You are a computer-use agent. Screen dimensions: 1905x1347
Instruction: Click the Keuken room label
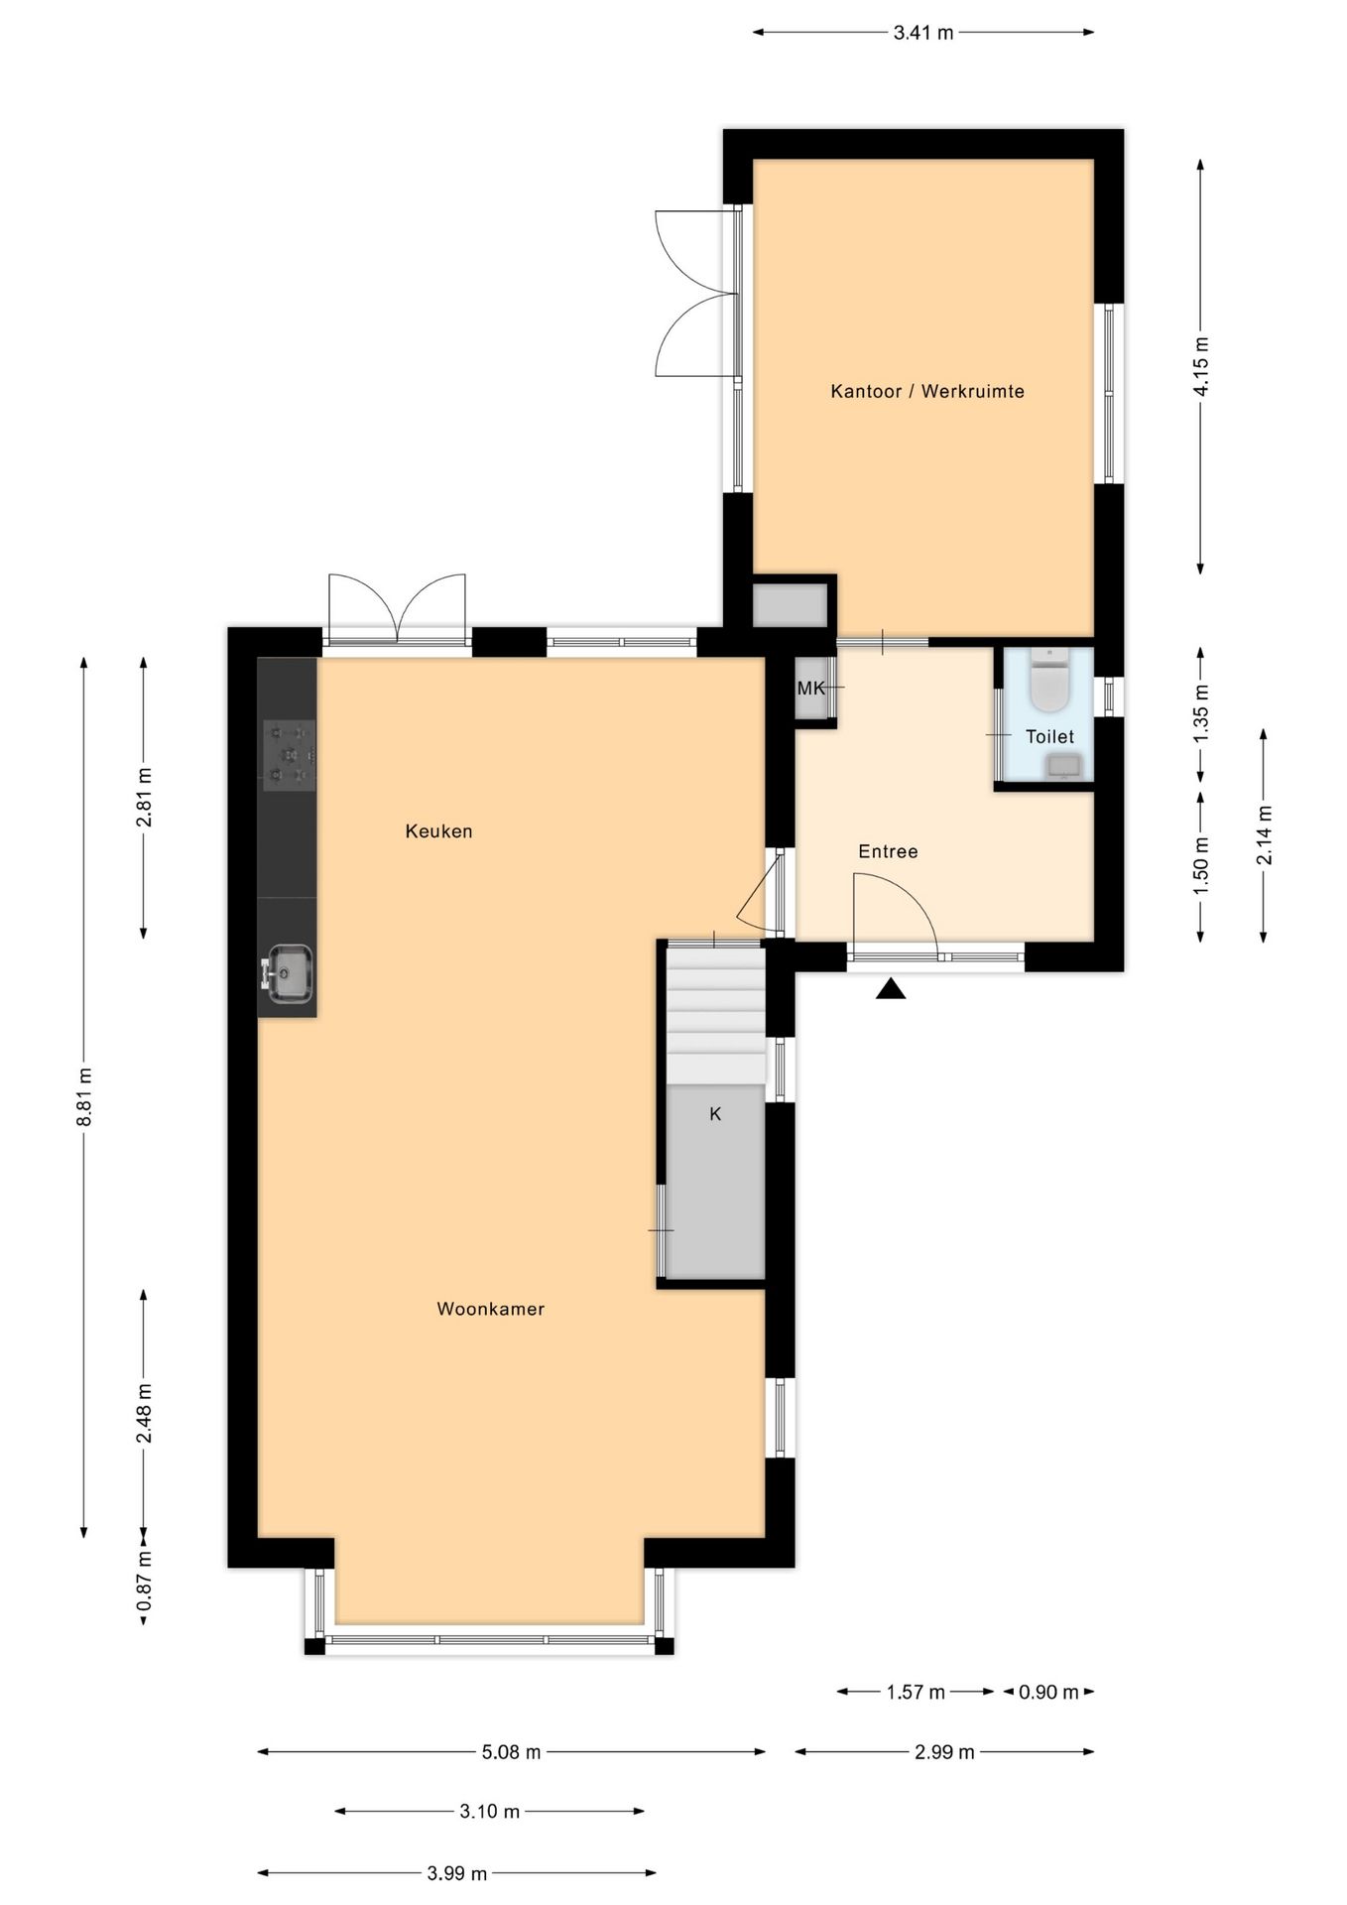[x=438, y=831]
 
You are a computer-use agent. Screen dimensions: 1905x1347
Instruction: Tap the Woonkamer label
[x=490, y=1309]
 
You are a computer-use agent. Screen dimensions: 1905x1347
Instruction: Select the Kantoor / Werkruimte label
[x=926, y=391]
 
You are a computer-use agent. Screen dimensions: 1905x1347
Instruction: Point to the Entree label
[x=888, y=851]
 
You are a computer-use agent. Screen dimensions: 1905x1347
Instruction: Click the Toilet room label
[x=1049, y=736]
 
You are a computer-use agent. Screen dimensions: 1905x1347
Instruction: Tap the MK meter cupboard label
[x=811, y=688]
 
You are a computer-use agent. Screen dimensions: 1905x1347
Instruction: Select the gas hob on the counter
[x=290, y=755]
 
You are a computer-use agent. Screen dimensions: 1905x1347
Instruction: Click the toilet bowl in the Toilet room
[x=1048, y=683]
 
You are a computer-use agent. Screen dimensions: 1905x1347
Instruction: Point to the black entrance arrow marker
[x=891, y=989]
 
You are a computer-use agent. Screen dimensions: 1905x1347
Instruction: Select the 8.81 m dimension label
[x=85, y=1096]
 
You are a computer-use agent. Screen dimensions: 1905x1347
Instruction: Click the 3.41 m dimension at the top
[x=922, y=33]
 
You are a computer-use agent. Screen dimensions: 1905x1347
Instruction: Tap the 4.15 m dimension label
[x=1201, y=366]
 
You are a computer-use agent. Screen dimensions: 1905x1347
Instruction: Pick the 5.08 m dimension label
[x=511, y=1752]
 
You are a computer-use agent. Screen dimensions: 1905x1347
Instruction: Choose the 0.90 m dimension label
[x=1048, y=1693]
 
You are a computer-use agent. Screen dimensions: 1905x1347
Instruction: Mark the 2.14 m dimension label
[x=1265, y=834]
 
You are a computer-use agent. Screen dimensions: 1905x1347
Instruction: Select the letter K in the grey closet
[x=715, y=1114]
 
